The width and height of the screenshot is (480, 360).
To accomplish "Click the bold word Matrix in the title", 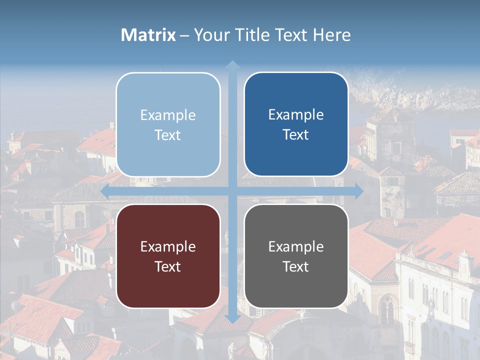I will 148,35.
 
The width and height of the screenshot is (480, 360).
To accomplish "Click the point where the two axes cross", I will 232,191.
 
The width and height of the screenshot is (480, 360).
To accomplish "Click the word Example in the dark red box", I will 168,246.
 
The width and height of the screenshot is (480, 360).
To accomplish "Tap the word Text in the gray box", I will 296,266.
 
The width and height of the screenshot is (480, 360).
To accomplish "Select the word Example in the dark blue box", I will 296,114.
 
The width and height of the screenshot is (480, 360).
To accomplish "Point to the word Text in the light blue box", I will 168,135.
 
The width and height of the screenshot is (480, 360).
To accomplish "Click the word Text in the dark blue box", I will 296,134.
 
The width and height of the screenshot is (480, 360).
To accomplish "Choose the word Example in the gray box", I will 296,246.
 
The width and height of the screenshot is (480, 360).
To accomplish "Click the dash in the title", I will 184,35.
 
